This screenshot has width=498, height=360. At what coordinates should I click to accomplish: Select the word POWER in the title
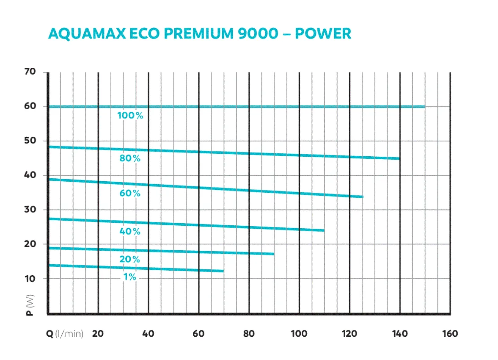pyautogui.click(x=323, y=33)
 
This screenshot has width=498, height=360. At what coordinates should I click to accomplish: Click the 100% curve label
pyautogui.click(x=130, y=115)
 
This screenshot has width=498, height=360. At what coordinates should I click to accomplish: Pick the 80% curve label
pyautogui.click(x=130, y=159)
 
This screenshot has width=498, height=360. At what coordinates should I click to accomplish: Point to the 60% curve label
pyautogui.click(x=130, y=194)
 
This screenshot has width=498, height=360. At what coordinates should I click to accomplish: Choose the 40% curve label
pyautogui.click(x=130, y=232)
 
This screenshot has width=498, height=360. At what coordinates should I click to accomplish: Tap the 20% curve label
pyautogui.click(x=130, y=260)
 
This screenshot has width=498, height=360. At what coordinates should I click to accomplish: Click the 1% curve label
pyautogui.click(x=130, y=277)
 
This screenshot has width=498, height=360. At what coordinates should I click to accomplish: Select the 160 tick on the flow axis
pyautogui.click(x=450, y=334)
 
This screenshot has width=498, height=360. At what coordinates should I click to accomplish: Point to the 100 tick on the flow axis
pyautogui.click(x=299, y=334)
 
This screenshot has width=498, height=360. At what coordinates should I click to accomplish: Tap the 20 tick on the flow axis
pyautogui.click(x=98, y=334)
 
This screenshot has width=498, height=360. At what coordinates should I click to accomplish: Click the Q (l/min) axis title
pyautogui.click(x=65, y=334)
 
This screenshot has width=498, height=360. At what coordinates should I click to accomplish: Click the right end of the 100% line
pyautogui.click(x=424, y=107)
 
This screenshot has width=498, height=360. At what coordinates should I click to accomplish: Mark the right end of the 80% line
pyautogui.click(x=399, y=158)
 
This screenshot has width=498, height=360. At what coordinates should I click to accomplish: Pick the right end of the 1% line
pyautogui.click(x=223, y=271)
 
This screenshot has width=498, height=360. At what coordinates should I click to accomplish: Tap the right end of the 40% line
pyautogui.click(x=324, y=230)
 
